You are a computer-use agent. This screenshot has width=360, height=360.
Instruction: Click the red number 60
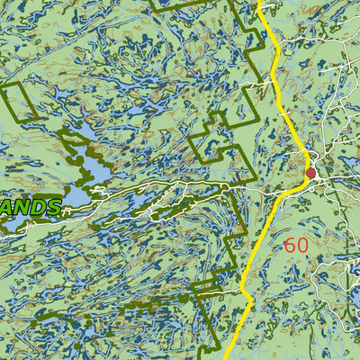tap(296, 245)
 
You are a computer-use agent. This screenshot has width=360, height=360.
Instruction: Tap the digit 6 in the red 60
tap(290, 245)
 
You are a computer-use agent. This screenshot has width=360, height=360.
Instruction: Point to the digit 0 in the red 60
tap(302, 245)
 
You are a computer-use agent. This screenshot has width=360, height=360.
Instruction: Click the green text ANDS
tap(32, 208)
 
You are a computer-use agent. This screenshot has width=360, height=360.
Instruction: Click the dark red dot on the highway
tap(311, 173)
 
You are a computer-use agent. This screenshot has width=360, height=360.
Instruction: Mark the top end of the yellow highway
tap(261, 3)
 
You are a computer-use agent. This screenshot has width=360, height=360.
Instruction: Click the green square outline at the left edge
tap(20, 100)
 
